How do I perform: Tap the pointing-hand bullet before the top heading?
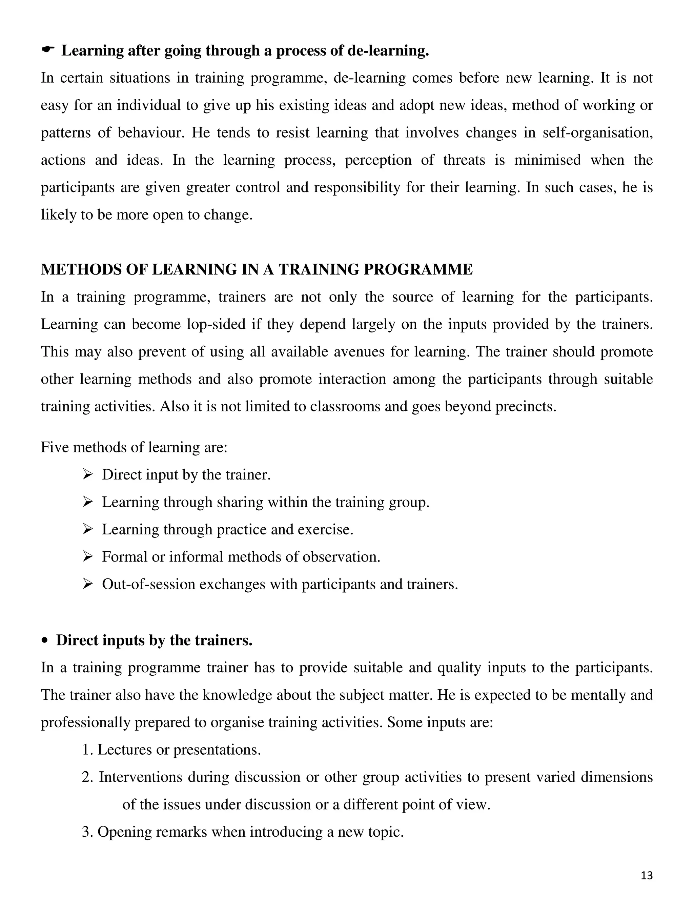pyautogui.click(x=48, y=50)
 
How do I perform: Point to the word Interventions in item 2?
pyautogui.click(x=140, y=777)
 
